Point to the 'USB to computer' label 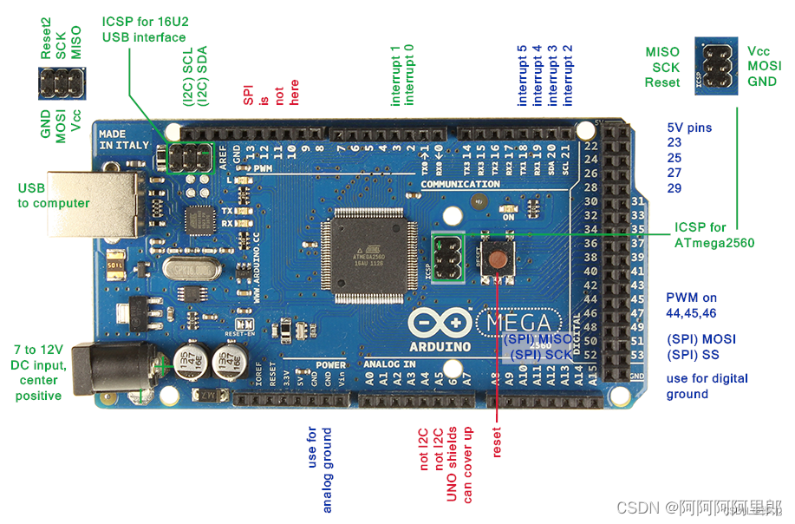(54, 195)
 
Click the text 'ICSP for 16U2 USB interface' (144, 29)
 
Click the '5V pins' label (689, 128)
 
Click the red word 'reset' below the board (497, 442)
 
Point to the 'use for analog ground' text (320, 468)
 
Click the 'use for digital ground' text (707, 386)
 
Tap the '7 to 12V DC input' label (37, 372)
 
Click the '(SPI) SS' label (693, 355)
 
